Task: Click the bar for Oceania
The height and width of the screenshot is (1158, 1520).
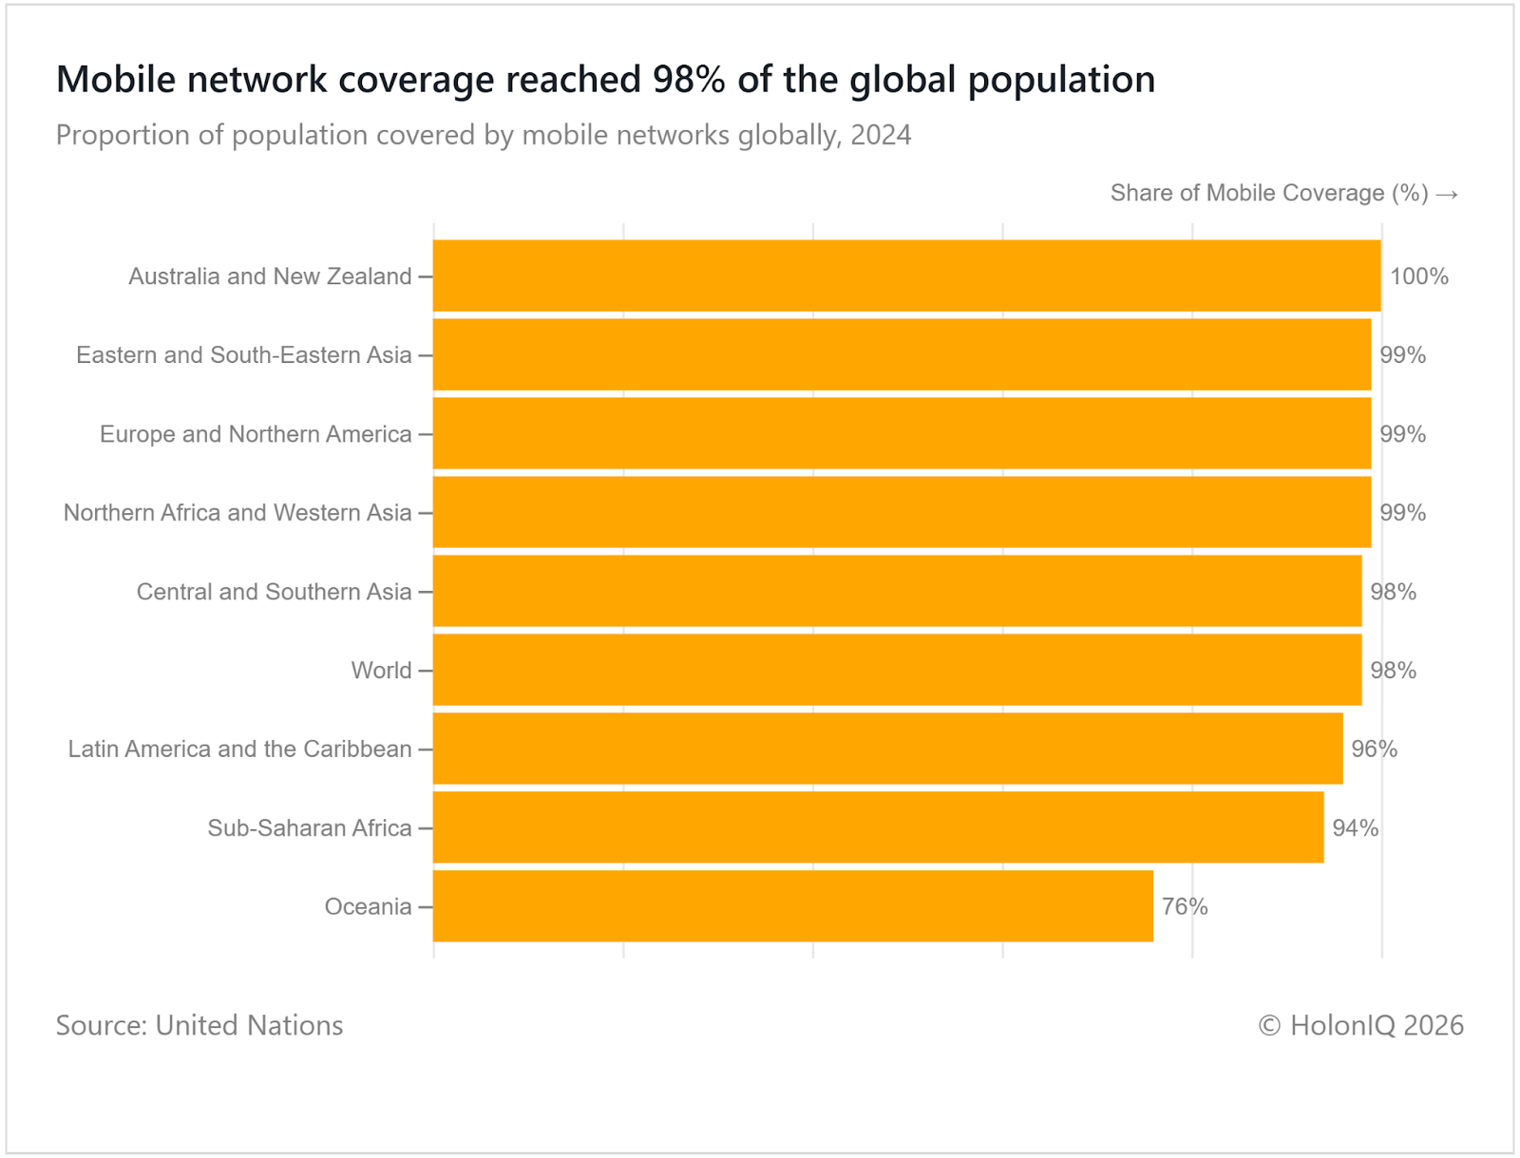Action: pos(793,906)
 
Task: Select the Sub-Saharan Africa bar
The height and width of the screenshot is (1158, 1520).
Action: pos(879,827)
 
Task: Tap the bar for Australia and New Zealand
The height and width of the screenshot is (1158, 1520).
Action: pos(907,275)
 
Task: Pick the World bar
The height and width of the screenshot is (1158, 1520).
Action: pos(898,670)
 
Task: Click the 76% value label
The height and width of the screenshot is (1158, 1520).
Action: pos(1185,906)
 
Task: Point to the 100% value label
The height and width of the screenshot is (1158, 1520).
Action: pos(1419,276)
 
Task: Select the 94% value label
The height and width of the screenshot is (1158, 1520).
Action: pos(1355,827)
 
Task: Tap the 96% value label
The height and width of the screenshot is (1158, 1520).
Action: pos(1374,749)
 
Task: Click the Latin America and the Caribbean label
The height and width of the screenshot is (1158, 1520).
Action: pos(239,749)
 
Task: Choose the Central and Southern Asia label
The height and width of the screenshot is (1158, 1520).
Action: pos(274,592)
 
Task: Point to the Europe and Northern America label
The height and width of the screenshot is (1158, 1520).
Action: pos(256,434)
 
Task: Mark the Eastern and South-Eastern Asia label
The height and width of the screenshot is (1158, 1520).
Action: pos(244,355)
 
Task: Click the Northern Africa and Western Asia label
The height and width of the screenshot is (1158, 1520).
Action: pos(237,513)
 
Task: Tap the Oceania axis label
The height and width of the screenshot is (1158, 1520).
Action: pos(368,906)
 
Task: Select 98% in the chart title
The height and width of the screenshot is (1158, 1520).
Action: pos(689,80)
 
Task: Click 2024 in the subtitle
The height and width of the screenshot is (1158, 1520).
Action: pos(881,135)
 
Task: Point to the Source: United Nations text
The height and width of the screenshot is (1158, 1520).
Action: pos(199,1025)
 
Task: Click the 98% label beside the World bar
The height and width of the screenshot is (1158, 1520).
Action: pos(1393,671)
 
